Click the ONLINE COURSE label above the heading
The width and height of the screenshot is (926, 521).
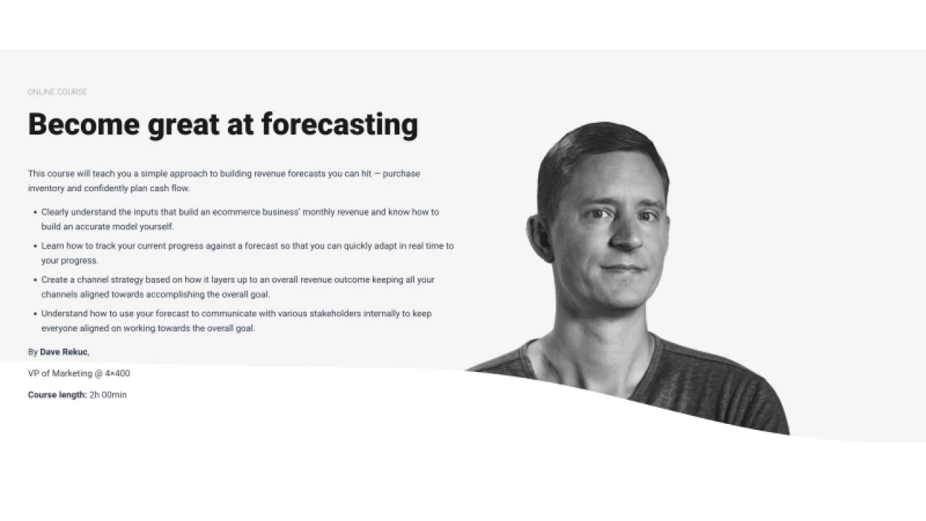click(57, 92)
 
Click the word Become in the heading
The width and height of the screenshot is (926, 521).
click(83, 124)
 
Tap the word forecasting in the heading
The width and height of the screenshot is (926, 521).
click(339, 124)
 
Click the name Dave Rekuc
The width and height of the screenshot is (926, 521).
click(64, 352)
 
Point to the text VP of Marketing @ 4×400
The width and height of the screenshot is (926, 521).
click(79, 373)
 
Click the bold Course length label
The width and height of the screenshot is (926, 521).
click(57, 395)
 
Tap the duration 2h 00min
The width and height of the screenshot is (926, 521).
click(108, 395)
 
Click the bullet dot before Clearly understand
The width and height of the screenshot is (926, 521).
click(35, 213)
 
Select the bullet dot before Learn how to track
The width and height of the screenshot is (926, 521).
click(35, 246)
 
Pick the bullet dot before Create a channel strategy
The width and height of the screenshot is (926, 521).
click(35, 280)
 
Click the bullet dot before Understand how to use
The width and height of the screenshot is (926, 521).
click(35, 314)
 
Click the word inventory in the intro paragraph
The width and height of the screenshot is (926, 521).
click(46, 188)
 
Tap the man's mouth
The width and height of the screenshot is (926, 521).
click(624, 268)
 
